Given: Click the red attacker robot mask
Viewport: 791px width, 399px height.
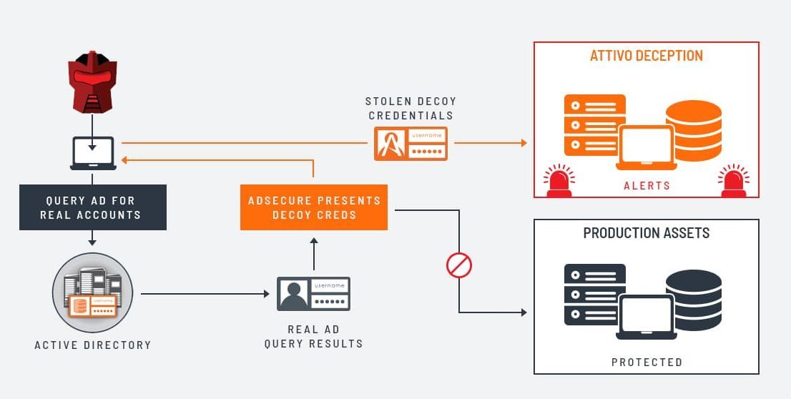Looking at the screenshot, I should (92, 82).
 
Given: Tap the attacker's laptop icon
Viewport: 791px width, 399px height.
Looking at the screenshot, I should (92, 153).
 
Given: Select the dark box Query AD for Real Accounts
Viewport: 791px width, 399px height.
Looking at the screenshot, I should (92, 207).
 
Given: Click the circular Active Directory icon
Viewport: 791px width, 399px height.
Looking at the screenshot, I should (92, 293).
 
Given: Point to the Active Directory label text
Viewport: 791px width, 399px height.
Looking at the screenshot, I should (93, 345).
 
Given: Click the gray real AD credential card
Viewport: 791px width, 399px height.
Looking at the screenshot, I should (313, 294).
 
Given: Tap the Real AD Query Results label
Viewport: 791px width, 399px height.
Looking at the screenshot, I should (313, 336).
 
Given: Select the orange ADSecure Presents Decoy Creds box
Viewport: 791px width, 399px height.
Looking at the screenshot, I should (313, 207).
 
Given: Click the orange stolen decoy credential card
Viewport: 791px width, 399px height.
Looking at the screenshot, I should (411, 144).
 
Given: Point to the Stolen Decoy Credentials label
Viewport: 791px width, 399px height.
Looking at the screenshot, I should (411, 108).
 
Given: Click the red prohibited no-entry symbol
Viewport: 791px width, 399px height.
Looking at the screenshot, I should (459, 265).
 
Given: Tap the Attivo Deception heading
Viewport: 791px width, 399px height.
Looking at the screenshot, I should (646, 56).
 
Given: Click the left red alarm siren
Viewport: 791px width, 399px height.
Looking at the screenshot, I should (559, 181).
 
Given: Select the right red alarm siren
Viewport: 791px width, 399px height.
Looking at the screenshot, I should (733, 181).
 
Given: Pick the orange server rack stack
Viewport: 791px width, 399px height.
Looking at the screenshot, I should (594, 125).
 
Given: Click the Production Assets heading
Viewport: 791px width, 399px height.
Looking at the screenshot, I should (646, 233).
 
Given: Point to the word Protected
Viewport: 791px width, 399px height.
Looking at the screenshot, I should (646, 363).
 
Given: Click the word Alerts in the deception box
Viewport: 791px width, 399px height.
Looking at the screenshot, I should (646, 186).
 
